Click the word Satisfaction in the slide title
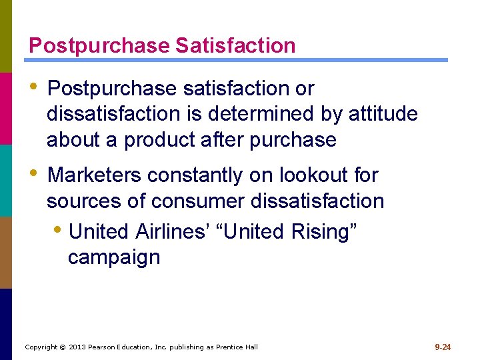pyautogui.click(x=235, y=45)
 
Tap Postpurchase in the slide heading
pyautogui.click(x=99, y=45)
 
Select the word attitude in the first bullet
pyautogui.click(x=383, y=114)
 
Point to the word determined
pyautogui.click(x=262, y=114)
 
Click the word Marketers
pyautogui.click(x=95, y=175)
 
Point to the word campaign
pyautogui.click(x=114, y=257)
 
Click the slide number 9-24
pyautogui.click(x=443, y=347)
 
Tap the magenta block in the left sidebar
pyautogui.click(x=6, y=108)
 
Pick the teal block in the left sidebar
pyautogui.click(x=6, y=180)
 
